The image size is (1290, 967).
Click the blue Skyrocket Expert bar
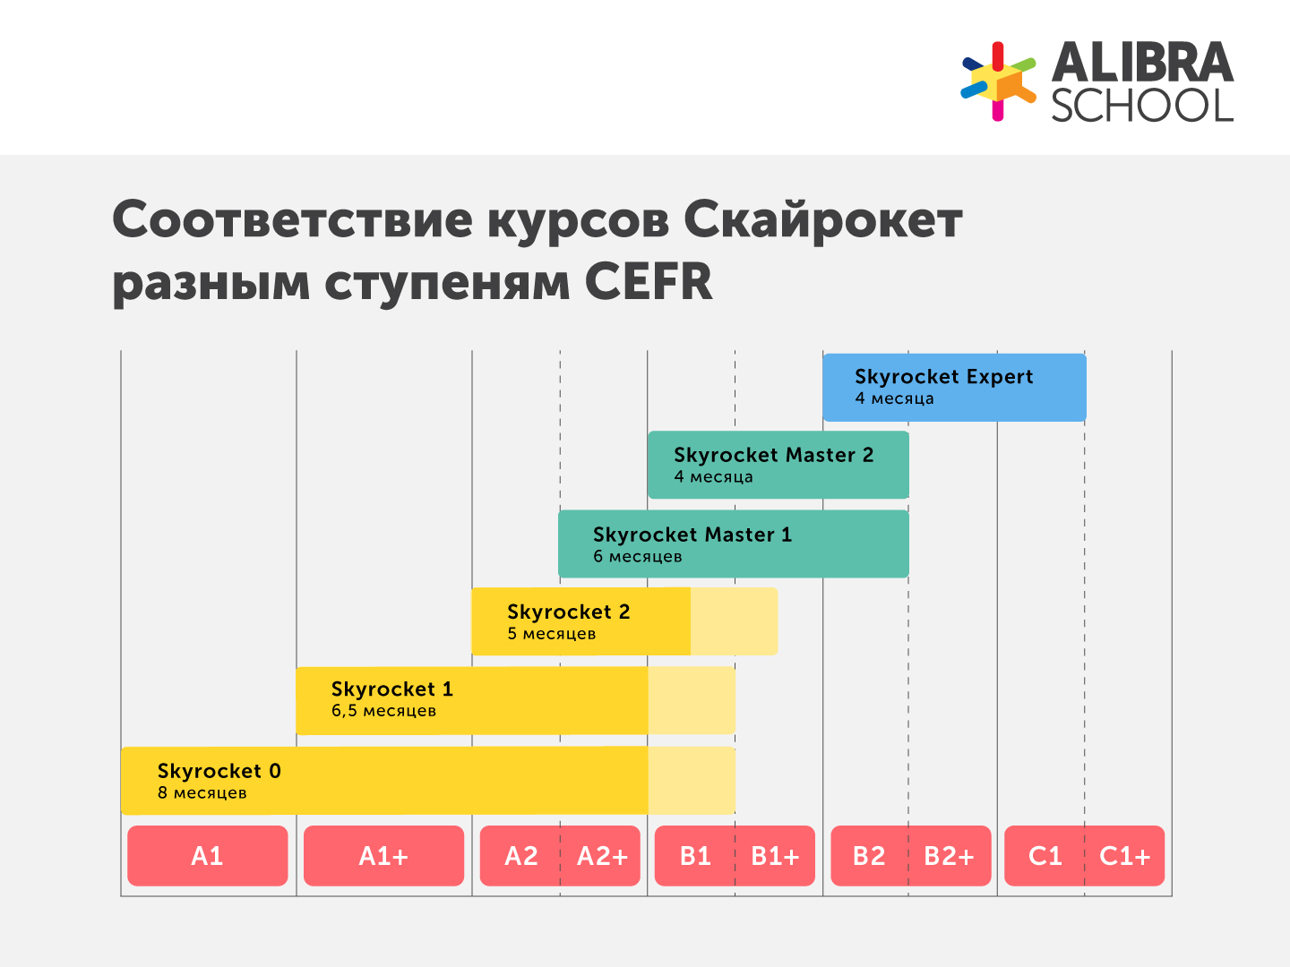pyautogui.click(x=954, y=387)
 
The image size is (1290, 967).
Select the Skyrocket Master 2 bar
pyautogui.click(x=778, y=465)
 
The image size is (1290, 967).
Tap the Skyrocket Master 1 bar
pyautogui.click(x=733, y=543)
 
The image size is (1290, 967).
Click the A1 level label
pyautogui.click(x=207, y=856)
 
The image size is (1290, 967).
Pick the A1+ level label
pyautogui.click(x=383, y=856)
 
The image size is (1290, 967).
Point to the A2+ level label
pyautogui.click(x=602, y=856)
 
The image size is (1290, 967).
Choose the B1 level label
pyautogui.click(x=695, y=856)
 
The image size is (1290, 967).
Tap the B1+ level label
pyautogui.click(x=775, y=856)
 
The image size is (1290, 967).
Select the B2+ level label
pyautogui.click(x=949, y=856)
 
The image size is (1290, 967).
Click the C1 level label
pyautogui.click(x=1045, y=856)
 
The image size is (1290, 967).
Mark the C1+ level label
pyautogui.click(x=1124, y=856)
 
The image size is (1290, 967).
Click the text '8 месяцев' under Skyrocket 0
pyautogui.click(x=202, y=793)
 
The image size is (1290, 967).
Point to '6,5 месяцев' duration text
pyautogui.click(x=383, y=711)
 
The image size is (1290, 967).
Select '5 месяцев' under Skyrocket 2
pyautogui.click(x=552, y=634)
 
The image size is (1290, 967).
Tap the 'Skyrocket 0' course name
pyautogui.click(x=219, y=771)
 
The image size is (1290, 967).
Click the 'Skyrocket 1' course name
pyautogui.click(x=392, y=689)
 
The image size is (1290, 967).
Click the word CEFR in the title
pyautogui.click(x=649, y=282)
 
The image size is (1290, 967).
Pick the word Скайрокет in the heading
pyautogui.click(x=823, y=219)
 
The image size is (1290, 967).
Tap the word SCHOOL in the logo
pyautogui.click(x=1142, y=106)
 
